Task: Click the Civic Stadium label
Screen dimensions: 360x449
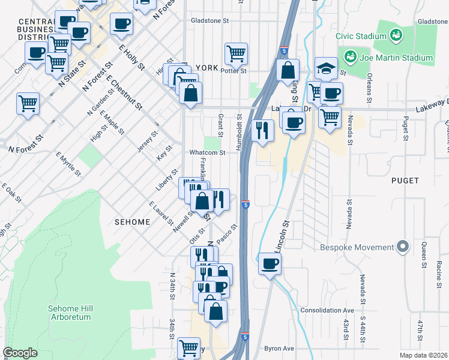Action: tap(361, 36)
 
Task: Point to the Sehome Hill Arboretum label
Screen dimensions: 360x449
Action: tap(71, 312)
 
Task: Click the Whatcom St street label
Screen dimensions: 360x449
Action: tap(208, 153)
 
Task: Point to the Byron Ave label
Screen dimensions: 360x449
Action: tap(279, 348)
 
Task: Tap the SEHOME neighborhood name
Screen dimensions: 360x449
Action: tap(132, 222)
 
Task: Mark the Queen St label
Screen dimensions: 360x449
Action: tap(423, 255)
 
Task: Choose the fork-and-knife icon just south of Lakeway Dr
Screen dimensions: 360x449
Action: tap(262, 130)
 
